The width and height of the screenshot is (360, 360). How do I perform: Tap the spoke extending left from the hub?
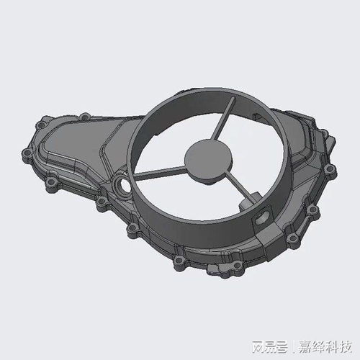point(160,173)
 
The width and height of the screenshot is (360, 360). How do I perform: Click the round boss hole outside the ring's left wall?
point(122,186)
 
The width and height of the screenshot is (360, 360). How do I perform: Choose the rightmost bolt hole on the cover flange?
point(330,169)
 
